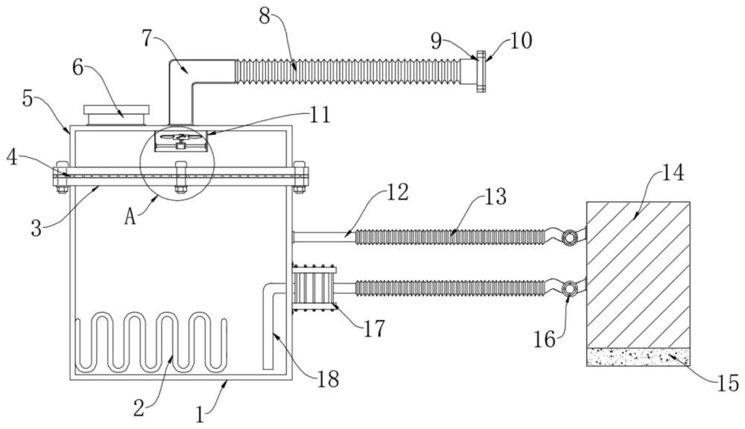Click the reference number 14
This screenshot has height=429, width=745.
[x=673, y=173]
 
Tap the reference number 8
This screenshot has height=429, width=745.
[x=264, y=16]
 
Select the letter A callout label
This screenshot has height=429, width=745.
[x=130, y=217]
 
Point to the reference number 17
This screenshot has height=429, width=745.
[x=374, y=328]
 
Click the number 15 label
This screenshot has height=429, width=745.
[x=728, y=383]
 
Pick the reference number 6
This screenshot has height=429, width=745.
[x=78, y=68]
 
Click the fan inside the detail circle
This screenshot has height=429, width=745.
[x=180, y=138]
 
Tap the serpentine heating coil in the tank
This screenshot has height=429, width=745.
[x=151, y=342]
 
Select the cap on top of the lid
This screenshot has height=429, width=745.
[x=116, y=115]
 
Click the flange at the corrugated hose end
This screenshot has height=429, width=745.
[x=481, y=71]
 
